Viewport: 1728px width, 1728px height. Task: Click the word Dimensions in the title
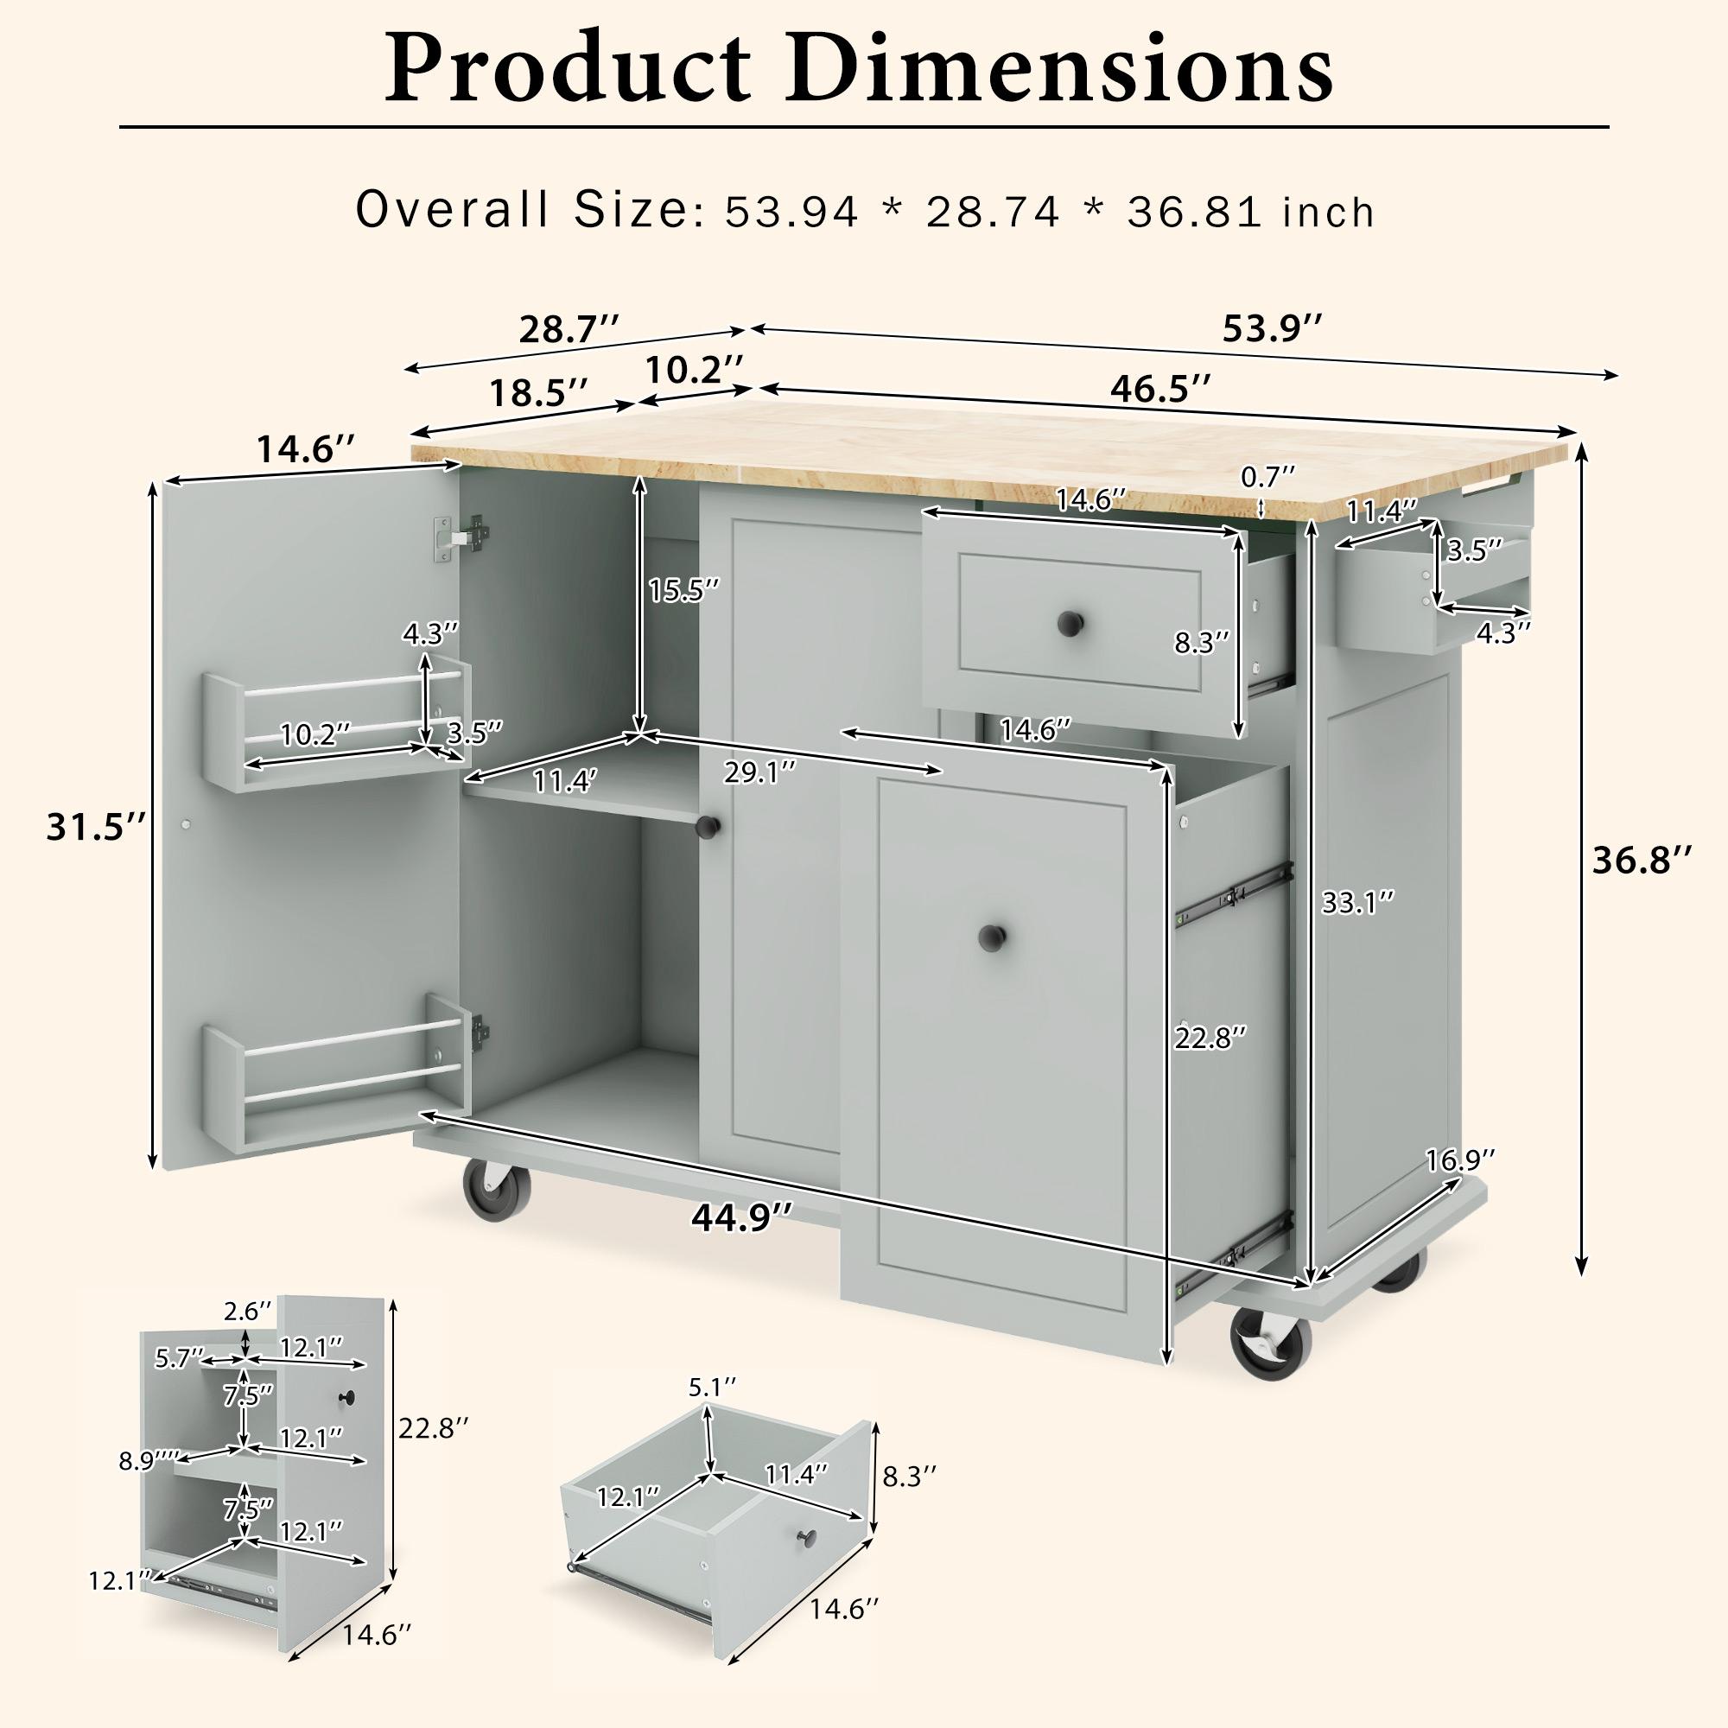click(1059, 69)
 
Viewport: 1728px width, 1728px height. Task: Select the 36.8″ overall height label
click(1642, 861)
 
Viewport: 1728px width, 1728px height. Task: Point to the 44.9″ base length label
click(741, 1218)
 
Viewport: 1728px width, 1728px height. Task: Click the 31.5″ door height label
click(96, 829)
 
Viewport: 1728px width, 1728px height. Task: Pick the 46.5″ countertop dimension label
click(1161, 389)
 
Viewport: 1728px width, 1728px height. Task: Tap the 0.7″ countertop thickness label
click(1267, 478)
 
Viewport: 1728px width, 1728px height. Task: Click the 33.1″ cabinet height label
click(1357, 904)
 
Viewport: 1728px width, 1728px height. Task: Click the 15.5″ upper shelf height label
click(684, 590)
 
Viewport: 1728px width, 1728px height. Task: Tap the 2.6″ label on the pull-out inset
click(247, 1312)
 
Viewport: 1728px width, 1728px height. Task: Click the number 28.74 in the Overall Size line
click(993, 213)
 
